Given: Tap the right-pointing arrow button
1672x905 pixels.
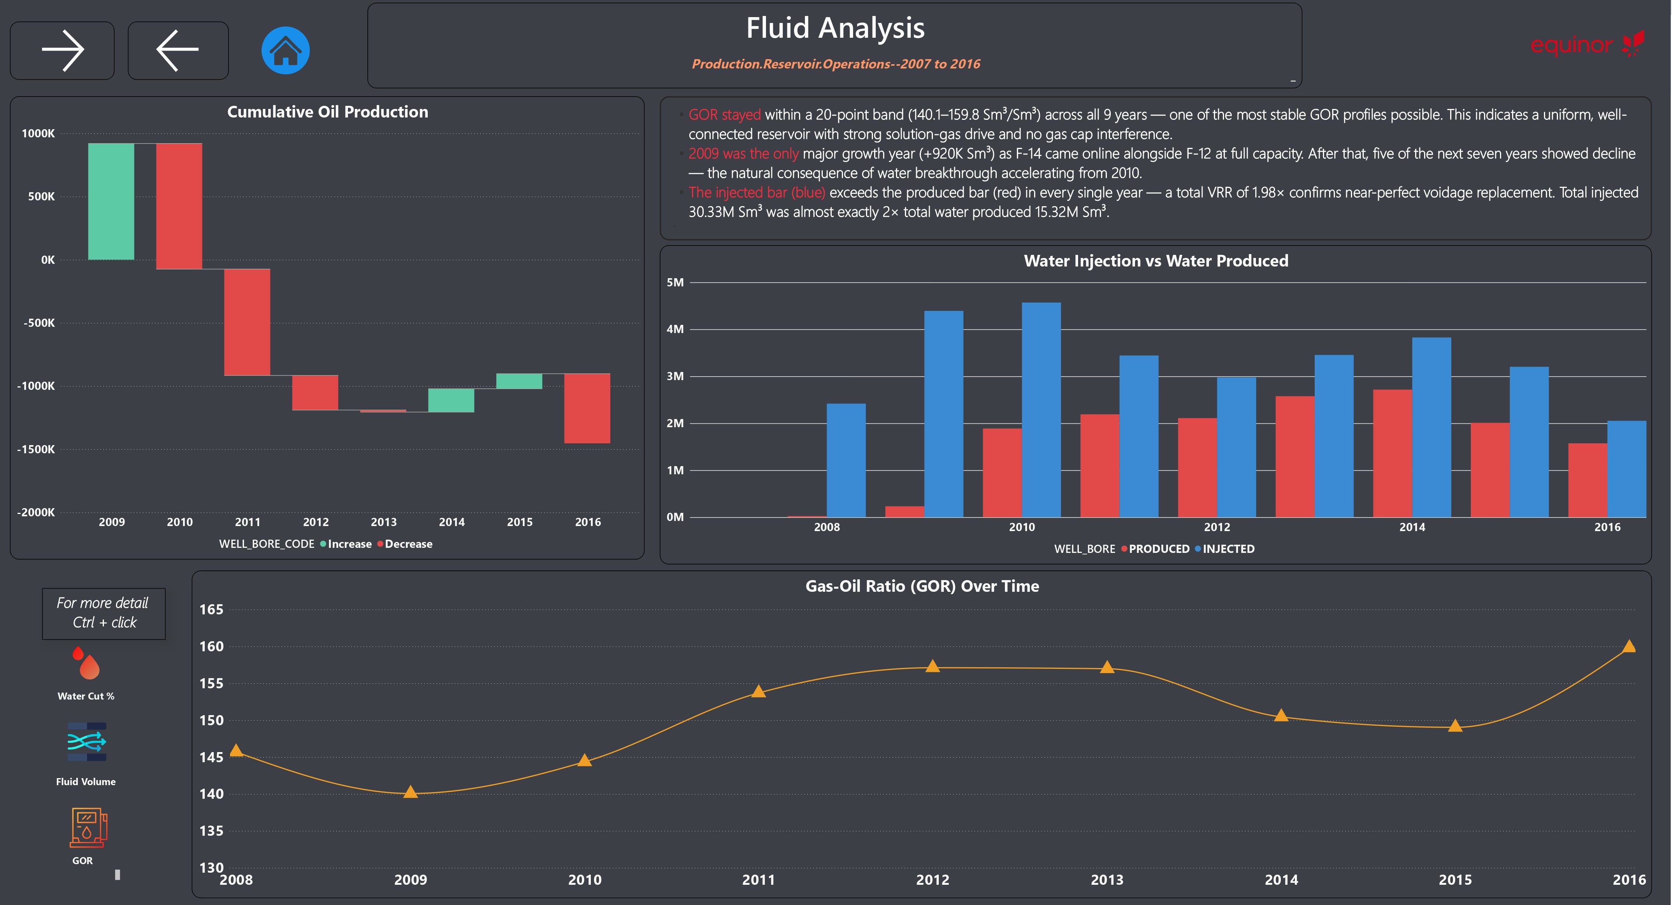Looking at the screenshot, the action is (x=62, y=50).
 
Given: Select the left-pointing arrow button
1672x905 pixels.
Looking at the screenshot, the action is (x=178, y=50).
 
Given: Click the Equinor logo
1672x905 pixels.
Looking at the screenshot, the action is (x=1588, y=44).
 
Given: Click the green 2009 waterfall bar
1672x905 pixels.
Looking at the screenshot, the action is (x=111, y=201).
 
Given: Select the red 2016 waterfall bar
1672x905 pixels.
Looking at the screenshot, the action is (x=587, y=408).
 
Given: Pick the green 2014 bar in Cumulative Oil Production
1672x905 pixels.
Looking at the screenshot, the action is (x=451, y=400).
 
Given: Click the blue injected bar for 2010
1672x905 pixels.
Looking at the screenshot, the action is (x=1041, y=410).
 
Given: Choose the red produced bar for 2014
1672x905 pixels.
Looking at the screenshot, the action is (x=1392, y=454).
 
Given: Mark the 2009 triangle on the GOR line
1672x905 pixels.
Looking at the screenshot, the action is (x=410, y=791).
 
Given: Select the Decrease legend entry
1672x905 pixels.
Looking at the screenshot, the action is (x=405, y=544).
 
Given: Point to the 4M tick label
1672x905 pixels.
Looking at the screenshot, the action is (x=675, y=329).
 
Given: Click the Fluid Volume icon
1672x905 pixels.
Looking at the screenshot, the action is (x=86, y=742).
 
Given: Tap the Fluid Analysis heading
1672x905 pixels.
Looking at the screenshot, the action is (x=835, y=28).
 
